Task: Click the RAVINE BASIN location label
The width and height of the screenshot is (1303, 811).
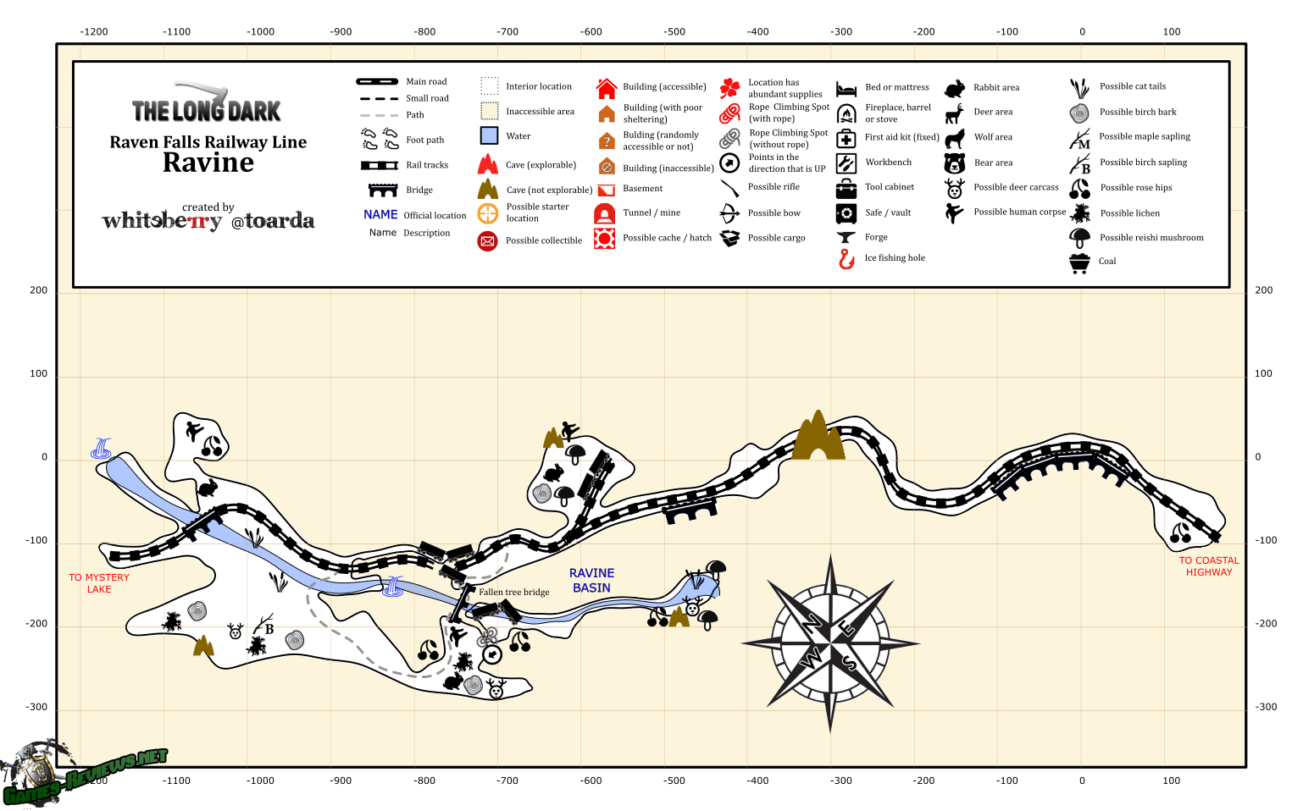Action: point(591,580)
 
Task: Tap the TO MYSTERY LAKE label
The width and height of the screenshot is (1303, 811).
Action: point(99,583)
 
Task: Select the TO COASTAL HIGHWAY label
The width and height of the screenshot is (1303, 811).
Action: point(1209,566)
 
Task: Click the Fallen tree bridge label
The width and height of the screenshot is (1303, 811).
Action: point(513,592)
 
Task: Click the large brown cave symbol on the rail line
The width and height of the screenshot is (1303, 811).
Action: point(818,435)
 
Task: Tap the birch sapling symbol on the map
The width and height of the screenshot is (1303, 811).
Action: point(264,624)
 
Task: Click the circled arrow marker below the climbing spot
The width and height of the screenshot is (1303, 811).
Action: point(492,655)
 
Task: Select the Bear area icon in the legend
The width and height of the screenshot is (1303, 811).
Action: point(955,163)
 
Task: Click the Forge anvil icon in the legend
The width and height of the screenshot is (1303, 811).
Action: point(846,237)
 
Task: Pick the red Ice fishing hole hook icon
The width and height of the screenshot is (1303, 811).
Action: point(846,259)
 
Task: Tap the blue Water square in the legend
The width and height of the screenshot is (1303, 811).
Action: point(489,135)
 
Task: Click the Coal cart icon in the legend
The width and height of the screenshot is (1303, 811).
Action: point(1079,263)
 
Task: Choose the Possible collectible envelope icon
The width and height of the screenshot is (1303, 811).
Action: point(487,240)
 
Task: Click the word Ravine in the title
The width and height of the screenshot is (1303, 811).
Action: point(208,163)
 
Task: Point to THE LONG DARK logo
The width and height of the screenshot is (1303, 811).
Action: point(207,103)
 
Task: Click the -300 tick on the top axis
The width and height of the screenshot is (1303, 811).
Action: point(841,32)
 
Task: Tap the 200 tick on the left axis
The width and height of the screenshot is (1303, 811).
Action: point(38,290)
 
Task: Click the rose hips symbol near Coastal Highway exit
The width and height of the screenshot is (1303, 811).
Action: point(1180,532)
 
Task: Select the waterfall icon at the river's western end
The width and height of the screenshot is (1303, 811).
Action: point(101,448)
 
